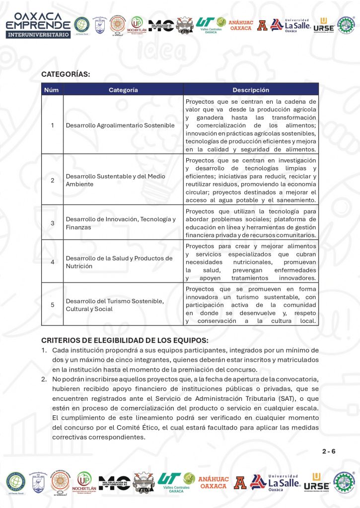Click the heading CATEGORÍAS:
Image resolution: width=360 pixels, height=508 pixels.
coord(66,74)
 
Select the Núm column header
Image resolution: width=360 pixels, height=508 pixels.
coord(52,90)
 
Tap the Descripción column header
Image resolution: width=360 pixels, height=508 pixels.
coord(251,90)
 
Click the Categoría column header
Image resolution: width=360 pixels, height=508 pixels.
coord(123,90)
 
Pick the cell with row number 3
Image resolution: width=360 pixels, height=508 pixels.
coord(53,223)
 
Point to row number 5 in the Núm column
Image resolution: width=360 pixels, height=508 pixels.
coord(53,305)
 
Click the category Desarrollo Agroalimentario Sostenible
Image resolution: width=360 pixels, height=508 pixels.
coord(120,126)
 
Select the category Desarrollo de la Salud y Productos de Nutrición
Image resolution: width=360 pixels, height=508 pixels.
coord(119,262)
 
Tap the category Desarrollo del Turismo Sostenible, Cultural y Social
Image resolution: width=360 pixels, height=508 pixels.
coord(115,305)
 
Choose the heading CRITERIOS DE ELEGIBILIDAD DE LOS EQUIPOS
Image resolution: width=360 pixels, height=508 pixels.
coord(125,340)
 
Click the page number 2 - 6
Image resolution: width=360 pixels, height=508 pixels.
coord(329,451)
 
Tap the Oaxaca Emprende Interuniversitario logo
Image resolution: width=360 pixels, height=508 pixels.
coord(38,25)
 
